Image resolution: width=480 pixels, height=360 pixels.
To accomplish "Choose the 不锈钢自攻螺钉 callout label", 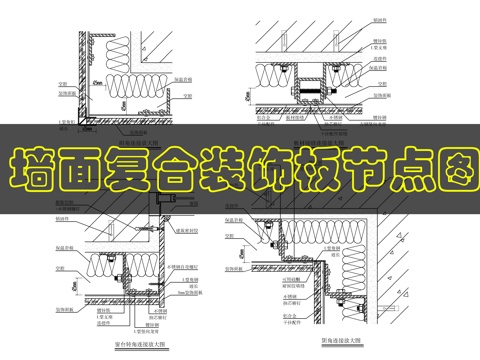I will (182, 268).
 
